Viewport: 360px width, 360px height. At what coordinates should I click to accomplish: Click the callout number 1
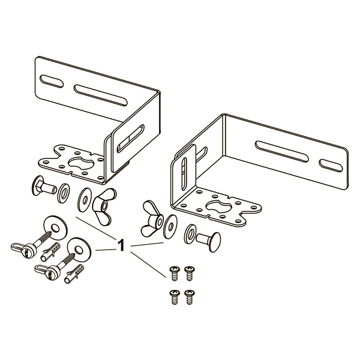point(121,245)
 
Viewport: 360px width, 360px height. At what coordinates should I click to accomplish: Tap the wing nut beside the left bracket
point(104,206)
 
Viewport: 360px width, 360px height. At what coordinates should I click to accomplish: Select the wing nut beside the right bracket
point(152,218)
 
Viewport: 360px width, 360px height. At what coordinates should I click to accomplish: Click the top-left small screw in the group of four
point(174,273)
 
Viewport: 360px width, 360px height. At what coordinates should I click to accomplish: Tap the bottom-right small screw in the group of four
point(190,297)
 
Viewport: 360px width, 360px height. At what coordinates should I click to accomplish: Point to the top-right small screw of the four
point(190,273)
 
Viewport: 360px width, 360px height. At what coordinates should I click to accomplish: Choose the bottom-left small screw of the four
point(174,297)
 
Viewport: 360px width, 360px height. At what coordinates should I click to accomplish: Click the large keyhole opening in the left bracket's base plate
point(81,163)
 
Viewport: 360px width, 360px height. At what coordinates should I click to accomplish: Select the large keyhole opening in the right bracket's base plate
point(219,206)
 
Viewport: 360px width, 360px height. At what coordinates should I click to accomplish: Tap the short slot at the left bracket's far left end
point(52,81)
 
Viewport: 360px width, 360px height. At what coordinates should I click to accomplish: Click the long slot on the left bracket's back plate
point(100,95)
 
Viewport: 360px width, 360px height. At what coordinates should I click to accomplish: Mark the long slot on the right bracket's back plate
point(282,152)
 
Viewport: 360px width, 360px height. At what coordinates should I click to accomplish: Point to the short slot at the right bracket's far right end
point(331,166)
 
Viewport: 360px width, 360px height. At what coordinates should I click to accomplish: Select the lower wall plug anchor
point(74,274)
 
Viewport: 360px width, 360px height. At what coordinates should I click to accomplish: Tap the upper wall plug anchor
point(50,252)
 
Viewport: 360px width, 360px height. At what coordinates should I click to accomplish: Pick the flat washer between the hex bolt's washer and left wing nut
point(85,200)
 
